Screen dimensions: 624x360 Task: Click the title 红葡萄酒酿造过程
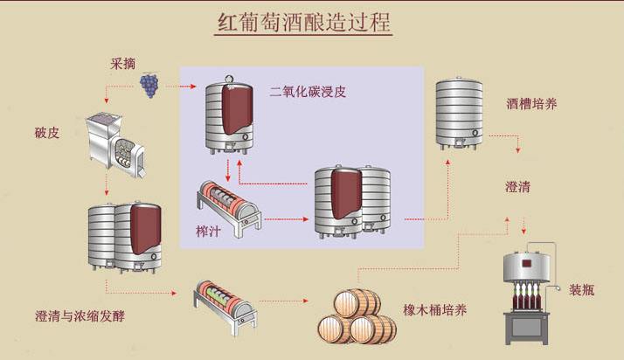pyautogui.click(x=303, y=23)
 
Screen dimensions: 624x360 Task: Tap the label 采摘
pyautogui.click(x=123, y=63)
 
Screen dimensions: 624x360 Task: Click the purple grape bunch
pyautogui.click(x=149, y=86)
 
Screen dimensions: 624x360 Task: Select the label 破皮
pyautogui.click(x=47, y=133)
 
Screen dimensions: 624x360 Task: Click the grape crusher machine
pyautogui.click(x=115, y=144)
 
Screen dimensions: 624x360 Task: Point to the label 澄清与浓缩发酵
pyautogui.click(x=80, y=315)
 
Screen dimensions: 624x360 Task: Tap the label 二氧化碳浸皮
pyautogui.click(x=308, y=92)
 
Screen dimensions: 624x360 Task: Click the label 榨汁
pyautogui.click(x=208, y=231)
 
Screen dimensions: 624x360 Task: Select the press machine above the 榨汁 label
pyautogui.click(x=229, y=208)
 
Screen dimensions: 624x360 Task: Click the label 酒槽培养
pyautogui.click(x=531, y=104)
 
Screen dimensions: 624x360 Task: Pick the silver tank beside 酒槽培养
pyautogui.click(x=459, y=114)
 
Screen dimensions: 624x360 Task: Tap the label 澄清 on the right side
pyautogui.click(x=517, y=187)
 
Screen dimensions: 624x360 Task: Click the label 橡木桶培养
pyautogui.click(x=434, y=309)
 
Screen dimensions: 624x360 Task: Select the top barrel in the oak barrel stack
pyautogui.click(x=357, y=303)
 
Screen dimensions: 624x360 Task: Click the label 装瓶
pyautogui.click(x=581, y=289)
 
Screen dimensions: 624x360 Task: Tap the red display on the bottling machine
pyautogui.click(x=526, y=263)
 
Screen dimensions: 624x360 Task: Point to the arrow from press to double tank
pyautogui.click(x=287, y=219)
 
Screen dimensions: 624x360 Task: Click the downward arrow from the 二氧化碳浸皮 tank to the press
pyautogui.click(x=228, y=170)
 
